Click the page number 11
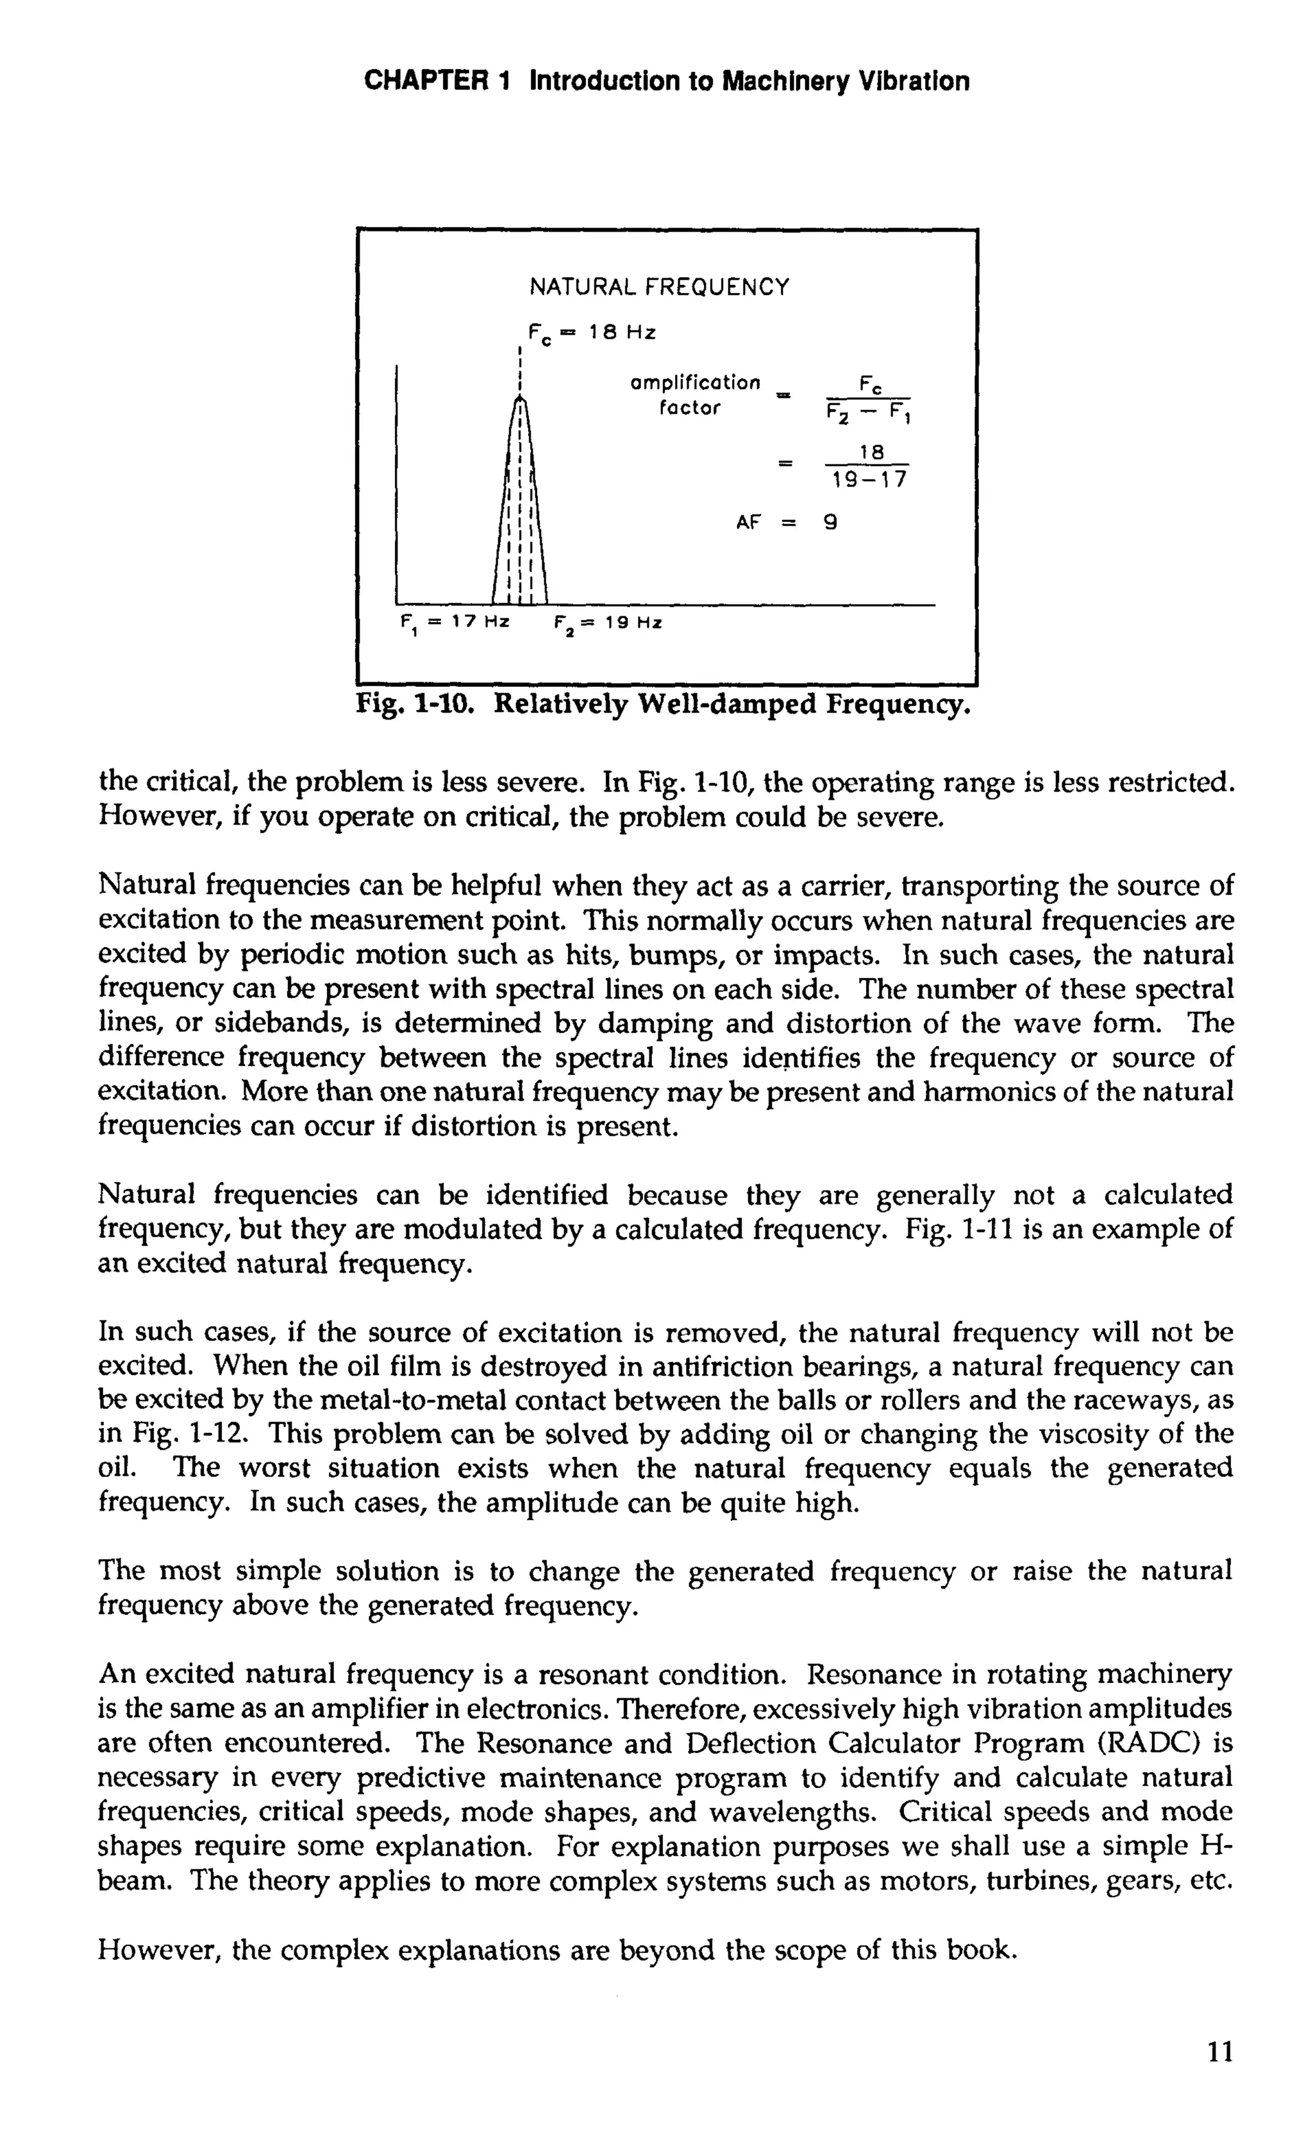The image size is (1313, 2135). [1219, 2068]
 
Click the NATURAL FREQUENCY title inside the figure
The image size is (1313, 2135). [659, 287]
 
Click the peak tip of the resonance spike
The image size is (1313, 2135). [519, 397]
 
